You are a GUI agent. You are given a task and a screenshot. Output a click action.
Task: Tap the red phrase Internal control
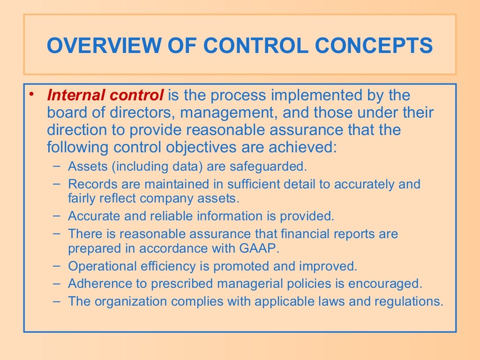pos(105,96)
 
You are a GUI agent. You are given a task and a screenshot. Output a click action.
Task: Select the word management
pos(226,113)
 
